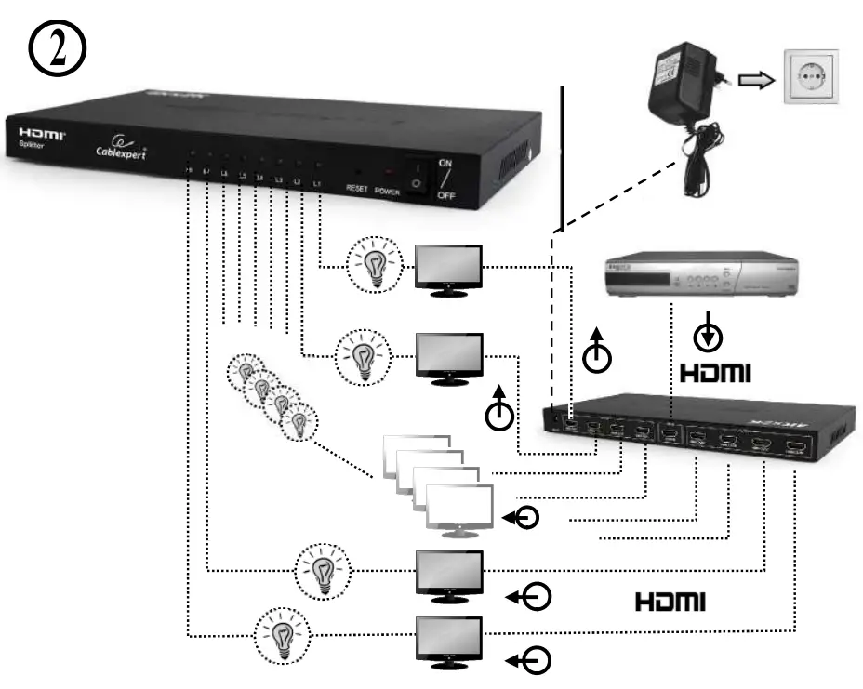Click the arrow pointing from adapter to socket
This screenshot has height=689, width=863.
pyautogui.click(x=755, y=82)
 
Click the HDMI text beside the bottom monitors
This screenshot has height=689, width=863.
pyautogui.click(x=670, y=602)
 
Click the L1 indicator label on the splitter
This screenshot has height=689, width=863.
pyautogui.click(x=317, y=183)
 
